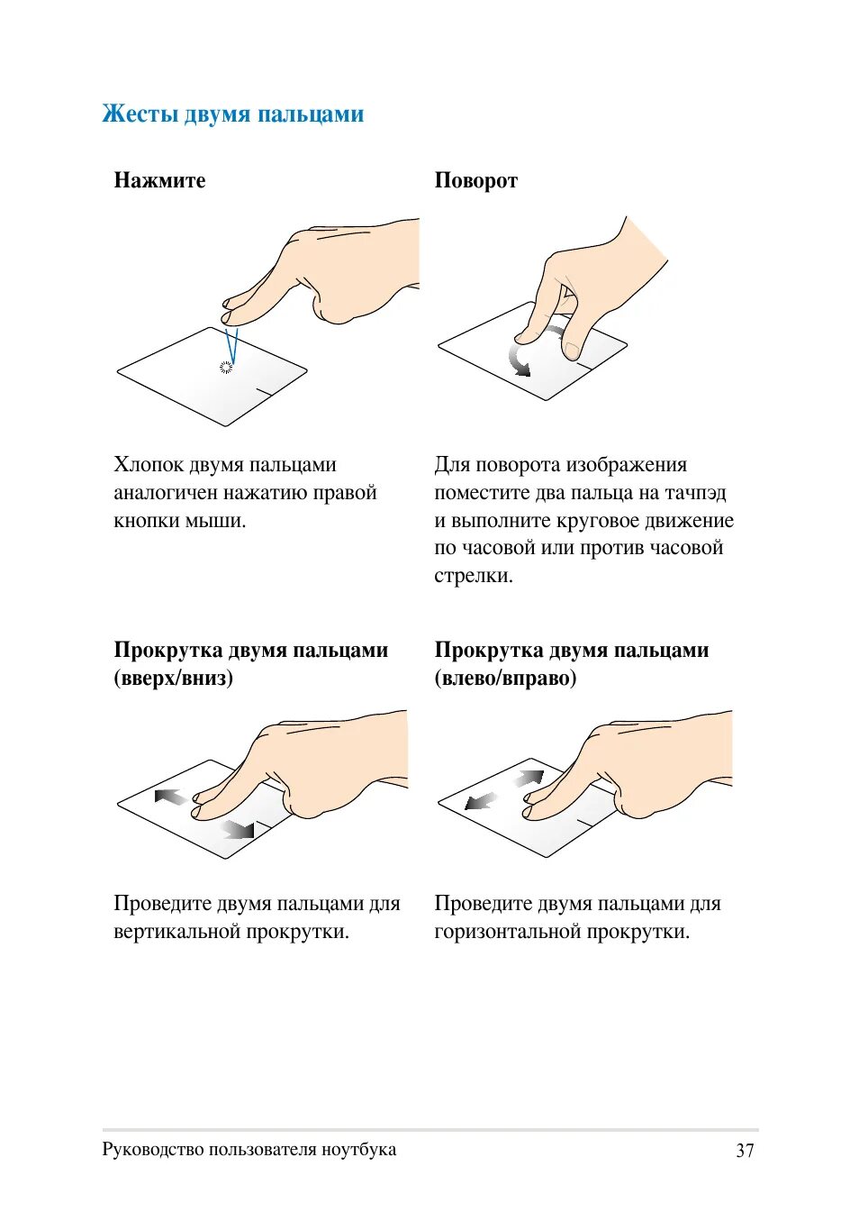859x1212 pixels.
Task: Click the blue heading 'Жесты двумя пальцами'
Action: [x=233, y=114]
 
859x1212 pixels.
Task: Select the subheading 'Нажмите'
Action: [x=159, y=180]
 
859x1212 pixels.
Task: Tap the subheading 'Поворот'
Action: [x=475, y=180]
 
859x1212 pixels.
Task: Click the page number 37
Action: [x=745, y=1150]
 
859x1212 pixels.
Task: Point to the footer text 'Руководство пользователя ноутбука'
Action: [x=249, y=1149]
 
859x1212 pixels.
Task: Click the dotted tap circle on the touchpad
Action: [x=226, y=366]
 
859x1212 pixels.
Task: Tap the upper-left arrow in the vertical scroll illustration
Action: [x=170, y=797]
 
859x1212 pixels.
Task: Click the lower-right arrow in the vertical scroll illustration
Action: [x=239, y=828]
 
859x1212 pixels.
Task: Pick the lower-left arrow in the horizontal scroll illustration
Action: [x=481, y=800]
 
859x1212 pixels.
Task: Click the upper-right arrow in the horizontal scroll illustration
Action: [x=530, y=778]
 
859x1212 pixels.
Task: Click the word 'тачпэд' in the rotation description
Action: [x=695, y=493]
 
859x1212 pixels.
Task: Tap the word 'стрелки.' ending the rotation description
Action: [x=474, y=576]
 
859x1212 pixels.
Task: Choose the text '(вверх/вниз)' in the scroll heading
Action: [x=174, y=678]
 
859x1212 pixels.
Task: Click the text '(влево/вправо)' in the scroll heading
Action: [x=505, y=678]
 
